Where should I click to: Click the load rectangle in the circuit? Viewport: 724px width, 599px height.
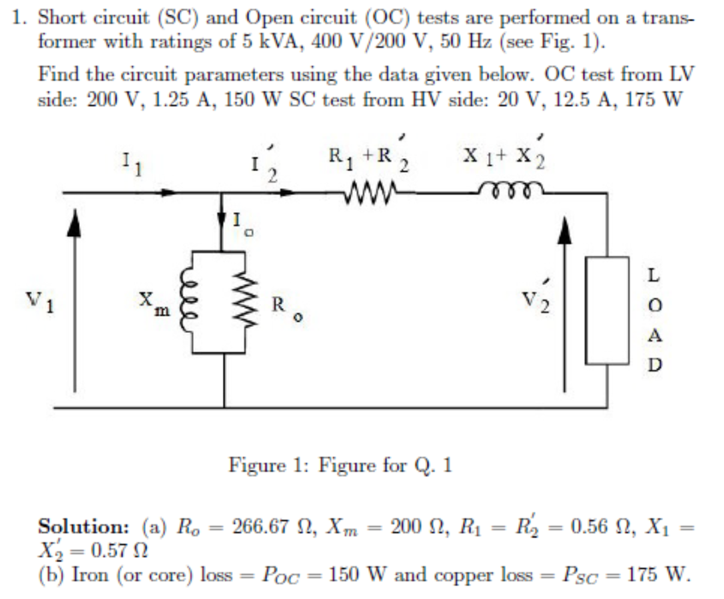(x=600, y=313)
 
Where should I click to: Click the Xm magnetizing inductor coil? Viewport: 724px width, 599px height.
(x=193, y=302)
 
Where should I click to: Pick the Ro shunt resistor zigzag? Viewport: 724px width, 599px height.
(x=249, y=302)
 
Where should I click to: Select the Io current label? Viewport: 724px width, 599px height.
(x=242, y=225)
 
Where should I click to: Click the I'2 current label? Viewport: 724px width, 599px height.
(x=269, y=163)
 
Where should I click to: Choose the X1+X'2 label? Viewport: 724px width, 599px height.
(x=506, y=157)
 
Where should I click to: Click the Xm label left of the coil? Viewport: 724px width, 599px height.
(x=152, y=302)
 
